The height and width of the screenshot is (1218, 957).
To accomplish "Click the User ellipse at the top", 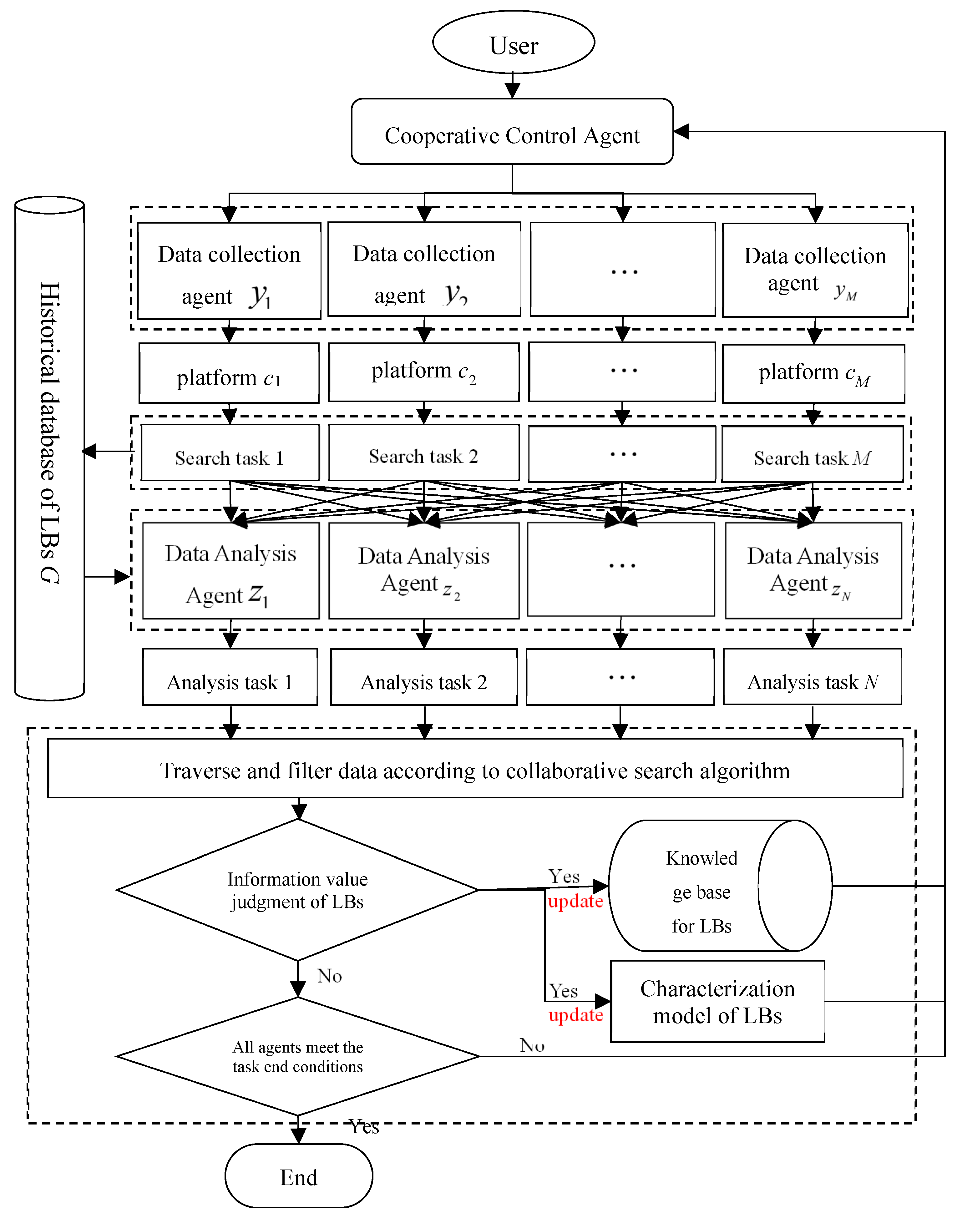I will (x=513, y=43).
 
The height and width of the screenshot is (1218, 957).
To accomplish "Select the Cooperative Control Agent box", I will (x=512, y=132).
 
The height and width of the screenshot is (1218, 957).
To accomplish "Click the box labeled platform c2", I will (x=423, y=372).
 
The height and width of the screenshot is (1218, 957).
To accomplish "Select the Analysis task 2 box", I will (x=423, y=677).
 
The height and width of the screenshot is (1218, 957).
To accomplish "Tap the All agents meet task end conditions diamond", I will (x=297, y=1056).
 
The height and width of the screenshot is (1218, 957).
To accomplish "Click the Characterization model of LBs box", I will (x=717, y=1002).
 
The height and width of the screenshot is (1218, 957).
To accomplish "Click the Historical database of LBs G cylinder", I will (x=49, y=448).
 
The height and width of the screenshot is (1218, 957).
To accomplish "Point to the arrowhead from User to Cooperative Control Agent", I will (x=512, y=91).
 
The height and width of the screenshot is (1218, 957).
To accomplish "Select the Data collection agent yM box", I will (x=815, y=270).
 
